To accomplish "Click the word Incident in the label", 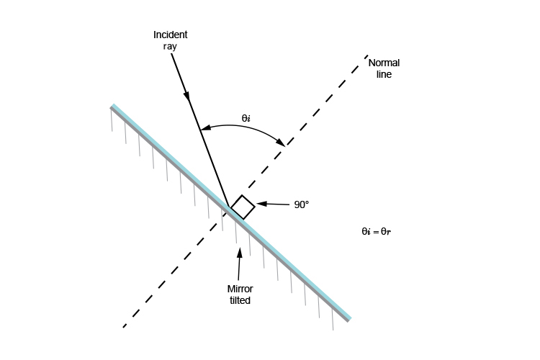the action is (x=170, y=35).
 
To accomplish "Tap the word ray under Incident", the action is (x=170, y=47).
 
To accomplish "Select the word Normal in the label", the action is (x=384, y=63).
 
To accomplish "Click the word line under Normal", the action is (x=384, y=74).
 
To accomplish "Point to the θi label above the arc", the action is (x=246, y=119).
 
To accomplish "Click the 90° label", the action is (x=302, y=204).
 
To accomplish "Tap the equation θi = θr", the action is (x=376, y=232).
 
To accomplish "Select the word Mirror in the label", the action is (x=240, y=289).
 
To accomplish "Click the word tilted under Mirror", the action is (x=240, y=300).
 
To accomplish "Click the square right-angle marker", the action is (x=243, y=207).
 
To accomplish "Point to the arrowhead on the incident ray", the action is (x=186, y=96).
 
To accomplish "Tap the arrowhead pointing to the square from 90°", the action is (x=262, y=204).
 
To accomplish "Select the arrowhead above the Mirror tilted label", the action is (x=240, y=253).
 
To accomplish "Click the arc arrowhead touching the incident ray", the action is (x=205, y=128).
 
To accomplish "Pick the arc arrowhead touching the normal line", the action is (x=281, y=142).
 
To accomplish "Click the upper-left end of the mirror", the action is (x=112, y=106).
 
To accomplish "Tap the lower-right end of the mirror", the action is (x=349, y=320).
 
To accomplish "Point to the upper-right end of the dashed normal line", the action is (x=367, y=55).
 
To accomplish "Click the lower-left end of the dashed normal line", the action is (x=124, y=327).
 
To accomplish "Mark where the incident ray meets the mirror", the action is (x=230, y=207).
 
